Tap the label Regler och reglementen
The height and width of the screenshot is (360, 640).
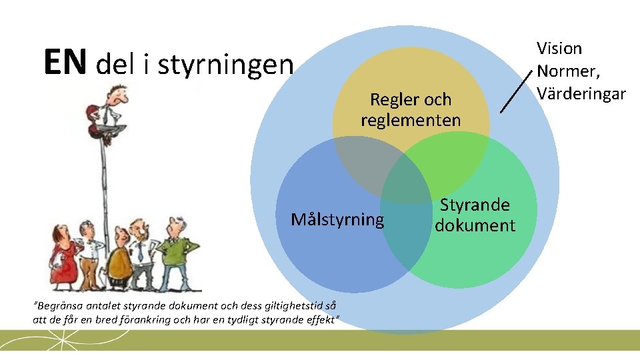411,110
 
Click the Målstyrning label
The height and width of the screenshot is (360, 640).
337,219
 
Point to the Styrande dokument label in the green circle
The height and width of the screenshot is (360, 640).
475,215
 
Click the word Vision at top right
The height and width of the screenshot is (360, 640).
559,48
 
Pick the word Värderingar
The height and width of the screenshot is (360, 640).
581,93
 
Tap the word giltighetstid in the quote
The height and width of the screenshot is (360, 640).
275,307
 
